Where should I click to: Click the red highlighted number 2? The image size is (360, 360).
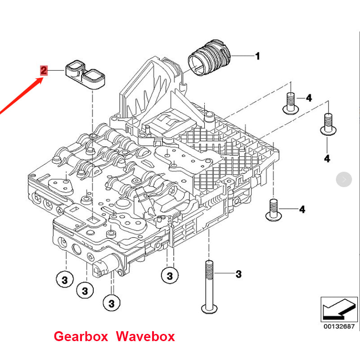pyautogui.click(x=43, y=71)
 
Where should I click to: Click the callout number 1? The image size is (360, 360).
pyautogui.click(x=257, y=56)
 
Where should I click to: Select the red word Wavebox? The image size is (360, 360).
pyautogui.click(x=145, y=336)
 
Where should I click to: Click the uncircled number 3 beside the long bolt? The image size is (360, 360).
pyautogui.click(x=238, y=274)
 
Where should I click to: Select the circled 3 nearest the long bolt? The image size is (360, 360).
pyautogui.click(x=170, y=275)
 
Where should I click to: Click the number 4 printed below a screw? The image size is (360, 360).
pyautogui.click(x=327, y=158)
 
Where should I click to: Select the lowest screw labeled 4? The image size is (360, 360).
pyautogui.click(x=273, y=210)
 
